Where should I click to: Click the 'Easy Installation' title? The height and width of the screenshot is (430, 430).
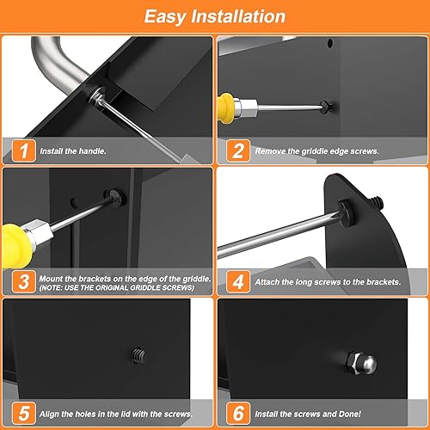point(215,16)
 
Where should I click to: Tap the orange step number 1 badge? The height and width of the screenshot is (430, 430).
point(24,150)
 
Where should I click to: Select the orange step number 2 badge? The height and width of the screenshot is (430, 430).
point(238,150)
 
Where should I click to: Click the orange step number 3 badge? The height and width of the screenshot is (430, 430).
point(24,281)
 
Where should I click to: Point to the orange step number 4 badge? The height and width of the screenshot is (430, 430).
point(238,281)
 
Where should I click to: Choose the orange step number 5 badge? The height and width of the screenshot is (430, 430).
point(24,414)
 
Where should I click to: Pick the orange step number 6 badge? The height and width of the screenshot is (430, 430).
point(238,414)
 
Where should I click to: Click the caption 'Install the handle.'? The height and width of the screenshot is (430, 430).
point(73,151)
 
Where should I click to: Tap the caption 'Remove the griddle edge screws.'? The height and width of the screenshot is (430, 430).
point(316,151)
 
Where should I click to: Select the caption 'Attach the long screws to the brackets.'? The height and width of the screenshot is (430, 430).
point(328,282)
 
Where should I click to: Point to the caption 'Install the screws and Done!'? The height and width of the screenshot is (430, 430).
point(308,414)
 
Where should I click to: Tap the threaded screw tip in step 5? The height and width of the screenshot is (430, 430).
point(138,355)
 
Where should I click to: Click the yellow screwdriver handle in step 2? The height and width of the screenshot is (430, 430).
point(226,107)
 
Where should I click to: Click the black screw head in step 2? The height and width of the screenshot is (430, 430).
point(327,107)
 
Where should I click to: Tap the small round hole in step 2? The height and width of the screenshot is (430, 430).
point(330,44)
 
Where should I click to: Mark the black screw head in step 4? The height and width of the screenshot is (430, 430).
point(347,213)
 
